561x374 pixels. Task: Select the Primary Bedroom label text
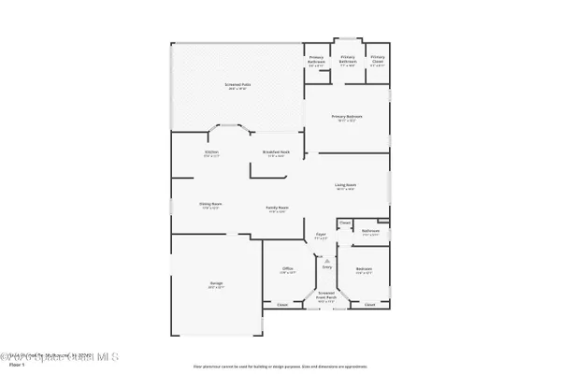click(x=346, y=116)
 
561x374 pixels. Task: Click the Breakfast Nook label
click(x=275, y=151)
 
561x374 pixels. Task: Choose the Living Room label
click(x=347, y=185)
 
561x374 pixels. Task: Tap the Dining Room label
click(x=209, y=204)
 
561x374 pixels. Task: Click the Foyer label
click(x=320, y=234)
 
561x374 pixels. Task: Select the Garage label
click(x=216, y=283)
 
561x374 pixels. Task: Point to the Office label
click(x=288, y=268)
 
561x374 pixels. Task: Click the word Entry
click(x=327, y=266)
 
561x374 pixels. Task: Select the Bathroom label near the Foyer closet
click(x=370, y=230)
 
